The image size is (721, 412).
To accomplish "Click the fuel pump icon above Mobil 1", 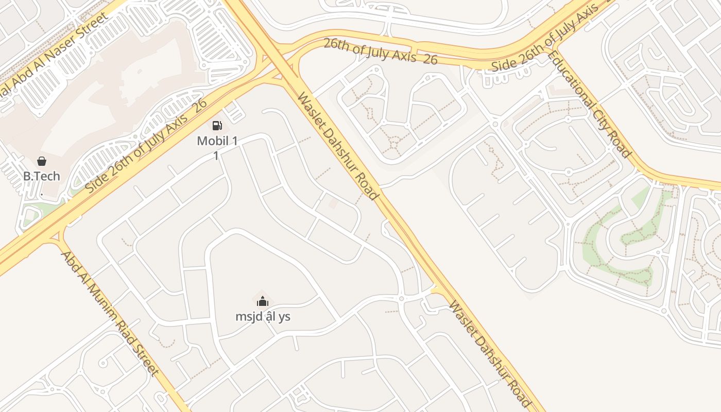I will pyautogui.click(x=217, y=125).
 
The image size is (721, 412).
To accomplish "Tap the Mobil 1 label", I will pyautogui.click(x=217, y=141).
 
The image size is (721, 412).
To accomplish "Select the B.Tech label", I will pyautogui.click(x=42, y=176).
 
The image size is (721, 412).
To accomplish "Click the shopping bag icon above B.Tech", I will pyautogui.click(x=42, y=161).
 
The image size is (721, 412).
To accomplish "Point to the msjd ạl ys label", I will pyautogui.click(x=263, y=316).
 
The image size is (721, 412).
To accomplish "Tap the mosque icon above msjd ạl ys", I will pyautogui.click(x=263, y=301).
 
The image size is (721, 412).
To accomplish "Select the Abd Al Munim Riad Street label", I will pyautogui.click(x=109, y=313).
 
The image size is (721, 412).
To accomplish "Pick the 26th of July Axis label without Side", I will pyautogui.click(x=380, y=51).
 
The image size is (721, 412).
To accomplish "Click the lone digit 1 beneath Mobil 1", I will pyautogui.click(x=216, y=155).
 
